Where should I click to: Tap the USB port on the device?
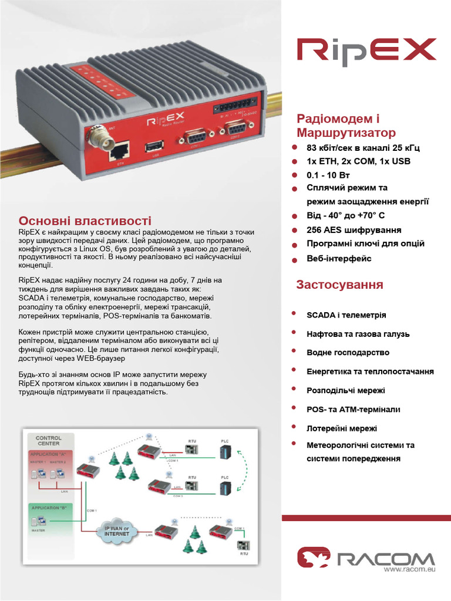click(155, 146)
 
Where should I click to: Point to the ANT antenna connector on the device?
click(96, 139)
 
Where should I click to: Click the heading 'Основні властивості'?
click(85, 221)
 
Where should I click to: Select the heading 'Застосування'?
click(339, 285)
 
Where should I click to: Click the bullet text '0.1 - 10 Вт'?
click(329, 175)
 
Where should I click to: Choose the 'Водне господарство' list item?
click(348, 353)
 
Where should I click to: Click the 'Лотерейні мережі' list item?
click(342, 428)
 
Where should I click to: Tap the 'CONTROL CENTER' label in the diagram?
click(49, 441)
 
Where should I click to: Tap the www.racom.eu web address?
click(409, 569)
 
